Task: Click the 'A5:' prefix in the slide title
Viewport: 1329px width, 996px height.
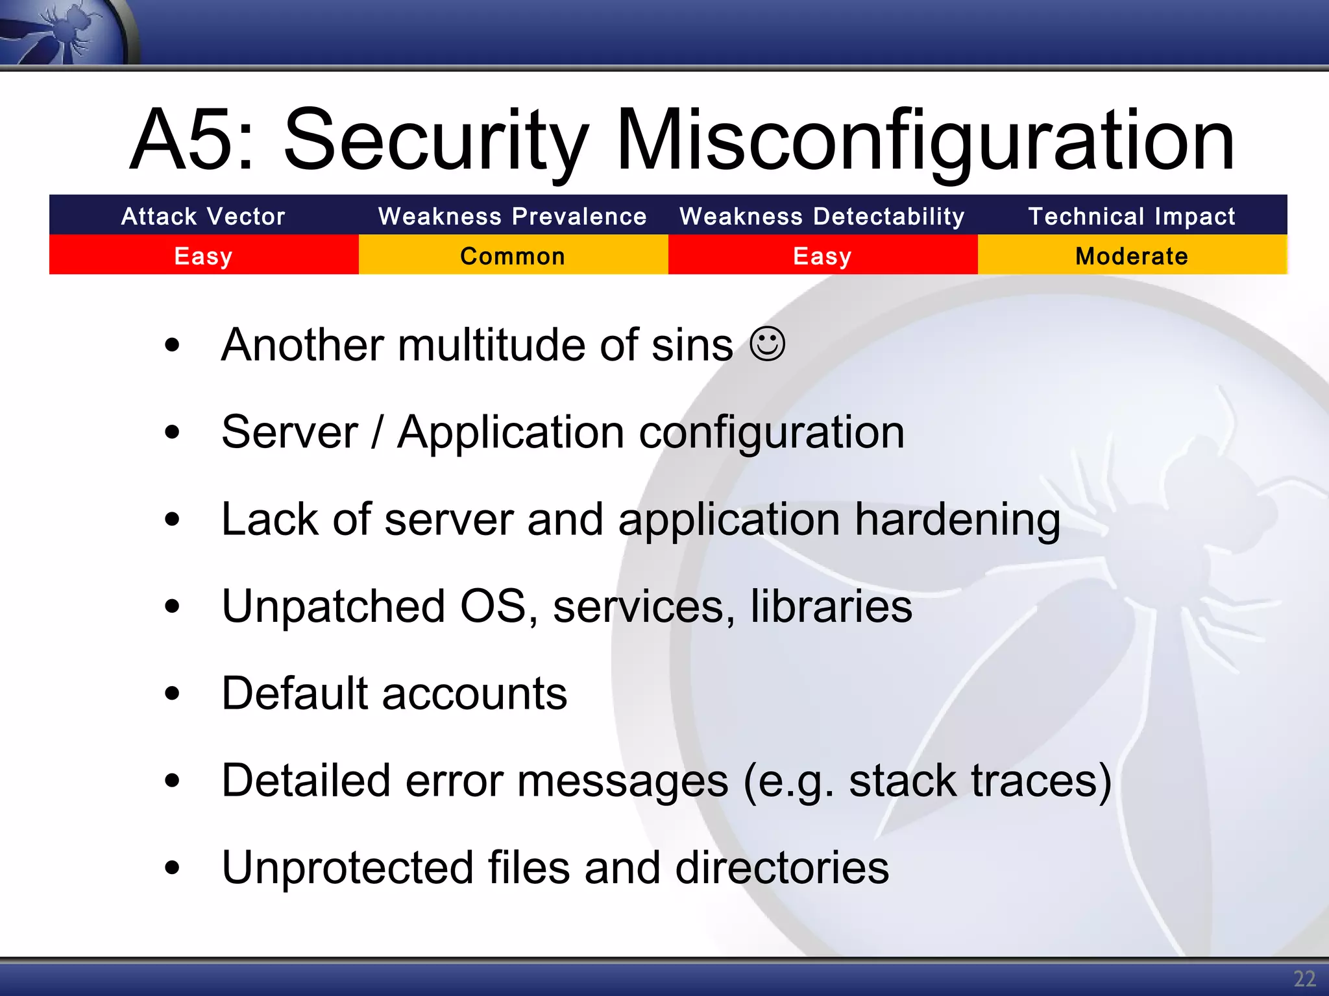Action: pyautogui.click(x=192, y=140)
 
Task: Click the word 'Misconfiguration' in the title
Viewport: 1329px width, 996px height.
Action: pyautogui.click(x=924, y=140)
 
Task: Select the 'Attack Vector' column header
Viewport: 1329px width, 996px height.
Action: pyautogui.click(x=203, y=216)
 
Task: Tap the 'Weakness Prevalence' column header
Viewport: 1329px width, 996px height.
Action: pyautogui.click(x=513, y=216)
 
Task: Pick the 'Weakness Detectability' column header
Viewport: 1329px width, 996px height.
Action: pyautogui.click(x=822, y=216)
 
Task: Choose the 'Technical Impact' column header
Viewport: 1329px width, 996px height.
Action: pyautogui.click(x=1132, y=216)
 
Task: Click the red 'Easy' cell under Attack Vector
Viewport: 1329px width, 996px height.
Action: pyautogui.click(x=203, y=255)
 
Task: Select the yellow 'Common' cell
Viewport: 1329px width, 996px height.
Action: pyautogui.click(x=513, y=255)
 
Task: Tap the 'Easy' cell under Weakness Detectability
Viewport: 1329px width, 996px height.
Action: pyautogui.click(x=822, y=255)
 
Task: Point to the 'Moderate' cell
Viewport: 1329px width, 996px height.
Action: pyautogui.click(x=1132, y=255)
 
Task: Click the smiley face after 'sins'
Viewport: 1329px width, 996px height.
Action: pyautogui.click(x=767, y=344)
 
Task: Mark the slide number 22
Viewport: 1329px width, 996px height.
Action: pyautogui.click(x=1304, y=978)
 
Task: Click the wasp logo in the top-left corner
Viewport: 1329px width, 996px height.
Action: pyautogui.click(x=65, y=31)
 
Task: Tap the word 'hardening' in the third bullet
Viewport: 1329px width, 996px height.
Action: pyautogui.click(x=957, y=520)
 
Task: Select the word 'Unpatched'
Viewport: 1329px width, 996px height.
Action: pyautogui.click(x=334, y=607)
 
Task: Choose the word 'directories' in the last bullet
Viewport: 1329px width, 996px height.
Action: pyautogui.click(x=782, y=868)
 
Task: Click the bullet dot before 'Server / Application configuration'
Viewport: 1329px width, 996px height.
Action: pyautogui.click(x=172, y=433)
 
